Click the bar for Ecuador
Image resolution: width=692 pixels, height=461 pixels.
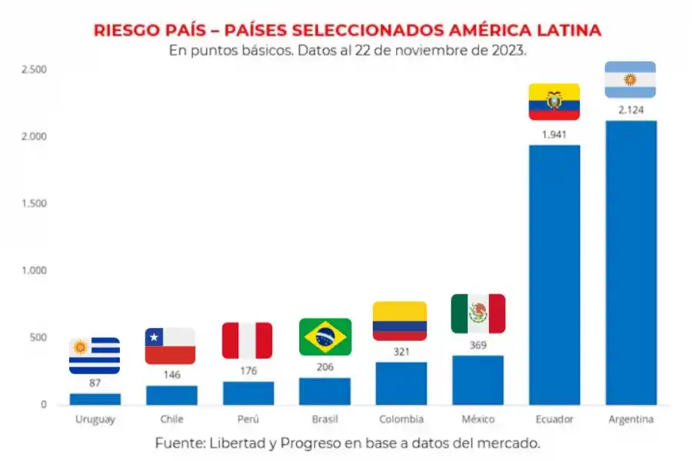[554, 274]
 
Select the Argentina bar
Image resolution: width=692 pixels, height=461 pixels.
[631, 262]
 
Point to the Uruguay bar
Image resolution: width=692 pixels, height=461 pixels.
[95, 399]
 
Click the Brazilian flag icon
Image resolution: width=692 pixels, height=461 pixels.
[325, 337]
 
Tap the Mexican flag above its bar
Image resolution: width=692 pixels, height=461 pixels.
[478, 313]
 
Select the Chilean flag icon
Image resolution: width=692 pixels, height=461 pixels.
[170, 346]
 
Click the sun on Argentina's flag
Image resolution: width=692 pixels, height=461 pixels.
[630, 80]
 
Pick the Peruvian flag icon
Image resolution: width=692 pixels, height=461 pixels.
[248, 340]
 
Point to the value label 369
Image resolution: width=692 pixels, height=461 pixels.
[477, 345]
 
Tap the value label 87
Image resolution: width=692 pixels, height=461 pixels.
[95, 382]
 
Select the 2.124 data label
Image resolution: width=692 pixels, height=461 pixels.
[630, 110]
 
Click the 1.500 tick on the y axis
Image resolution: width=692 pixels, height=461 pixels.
[34, 204]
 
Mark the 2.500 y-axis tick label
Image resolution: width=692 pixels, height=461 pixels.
[34, 70]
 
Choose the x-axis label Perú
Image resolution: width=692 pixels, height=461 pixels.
[248, 420]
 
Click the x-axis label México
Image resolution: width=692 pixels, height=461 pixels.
[477, 420]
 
